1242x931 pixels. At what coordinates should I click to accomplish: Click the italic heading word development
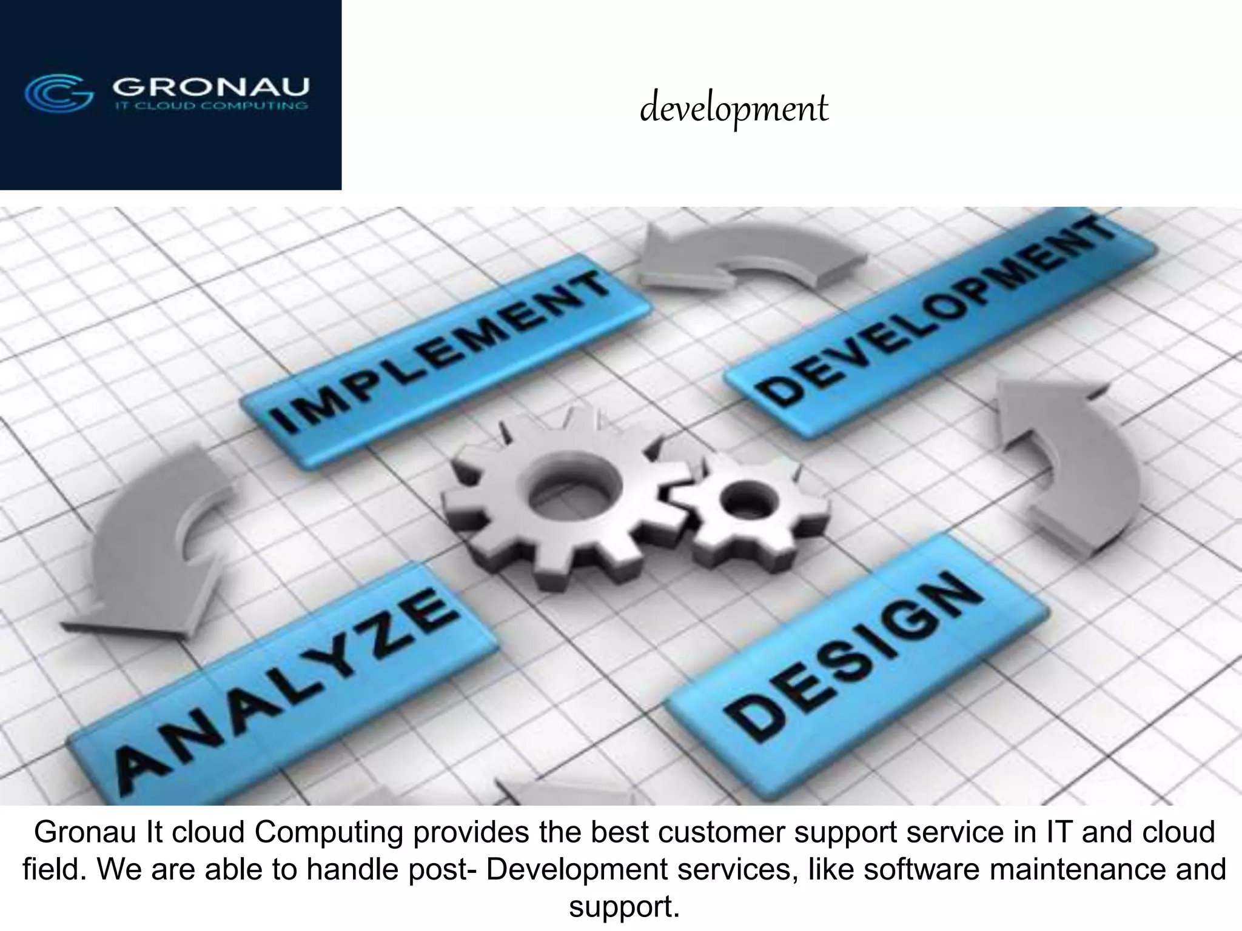(734, 110)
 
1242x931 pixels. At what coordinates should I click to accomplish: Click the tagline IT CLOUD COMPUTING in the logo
(210, 106)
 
